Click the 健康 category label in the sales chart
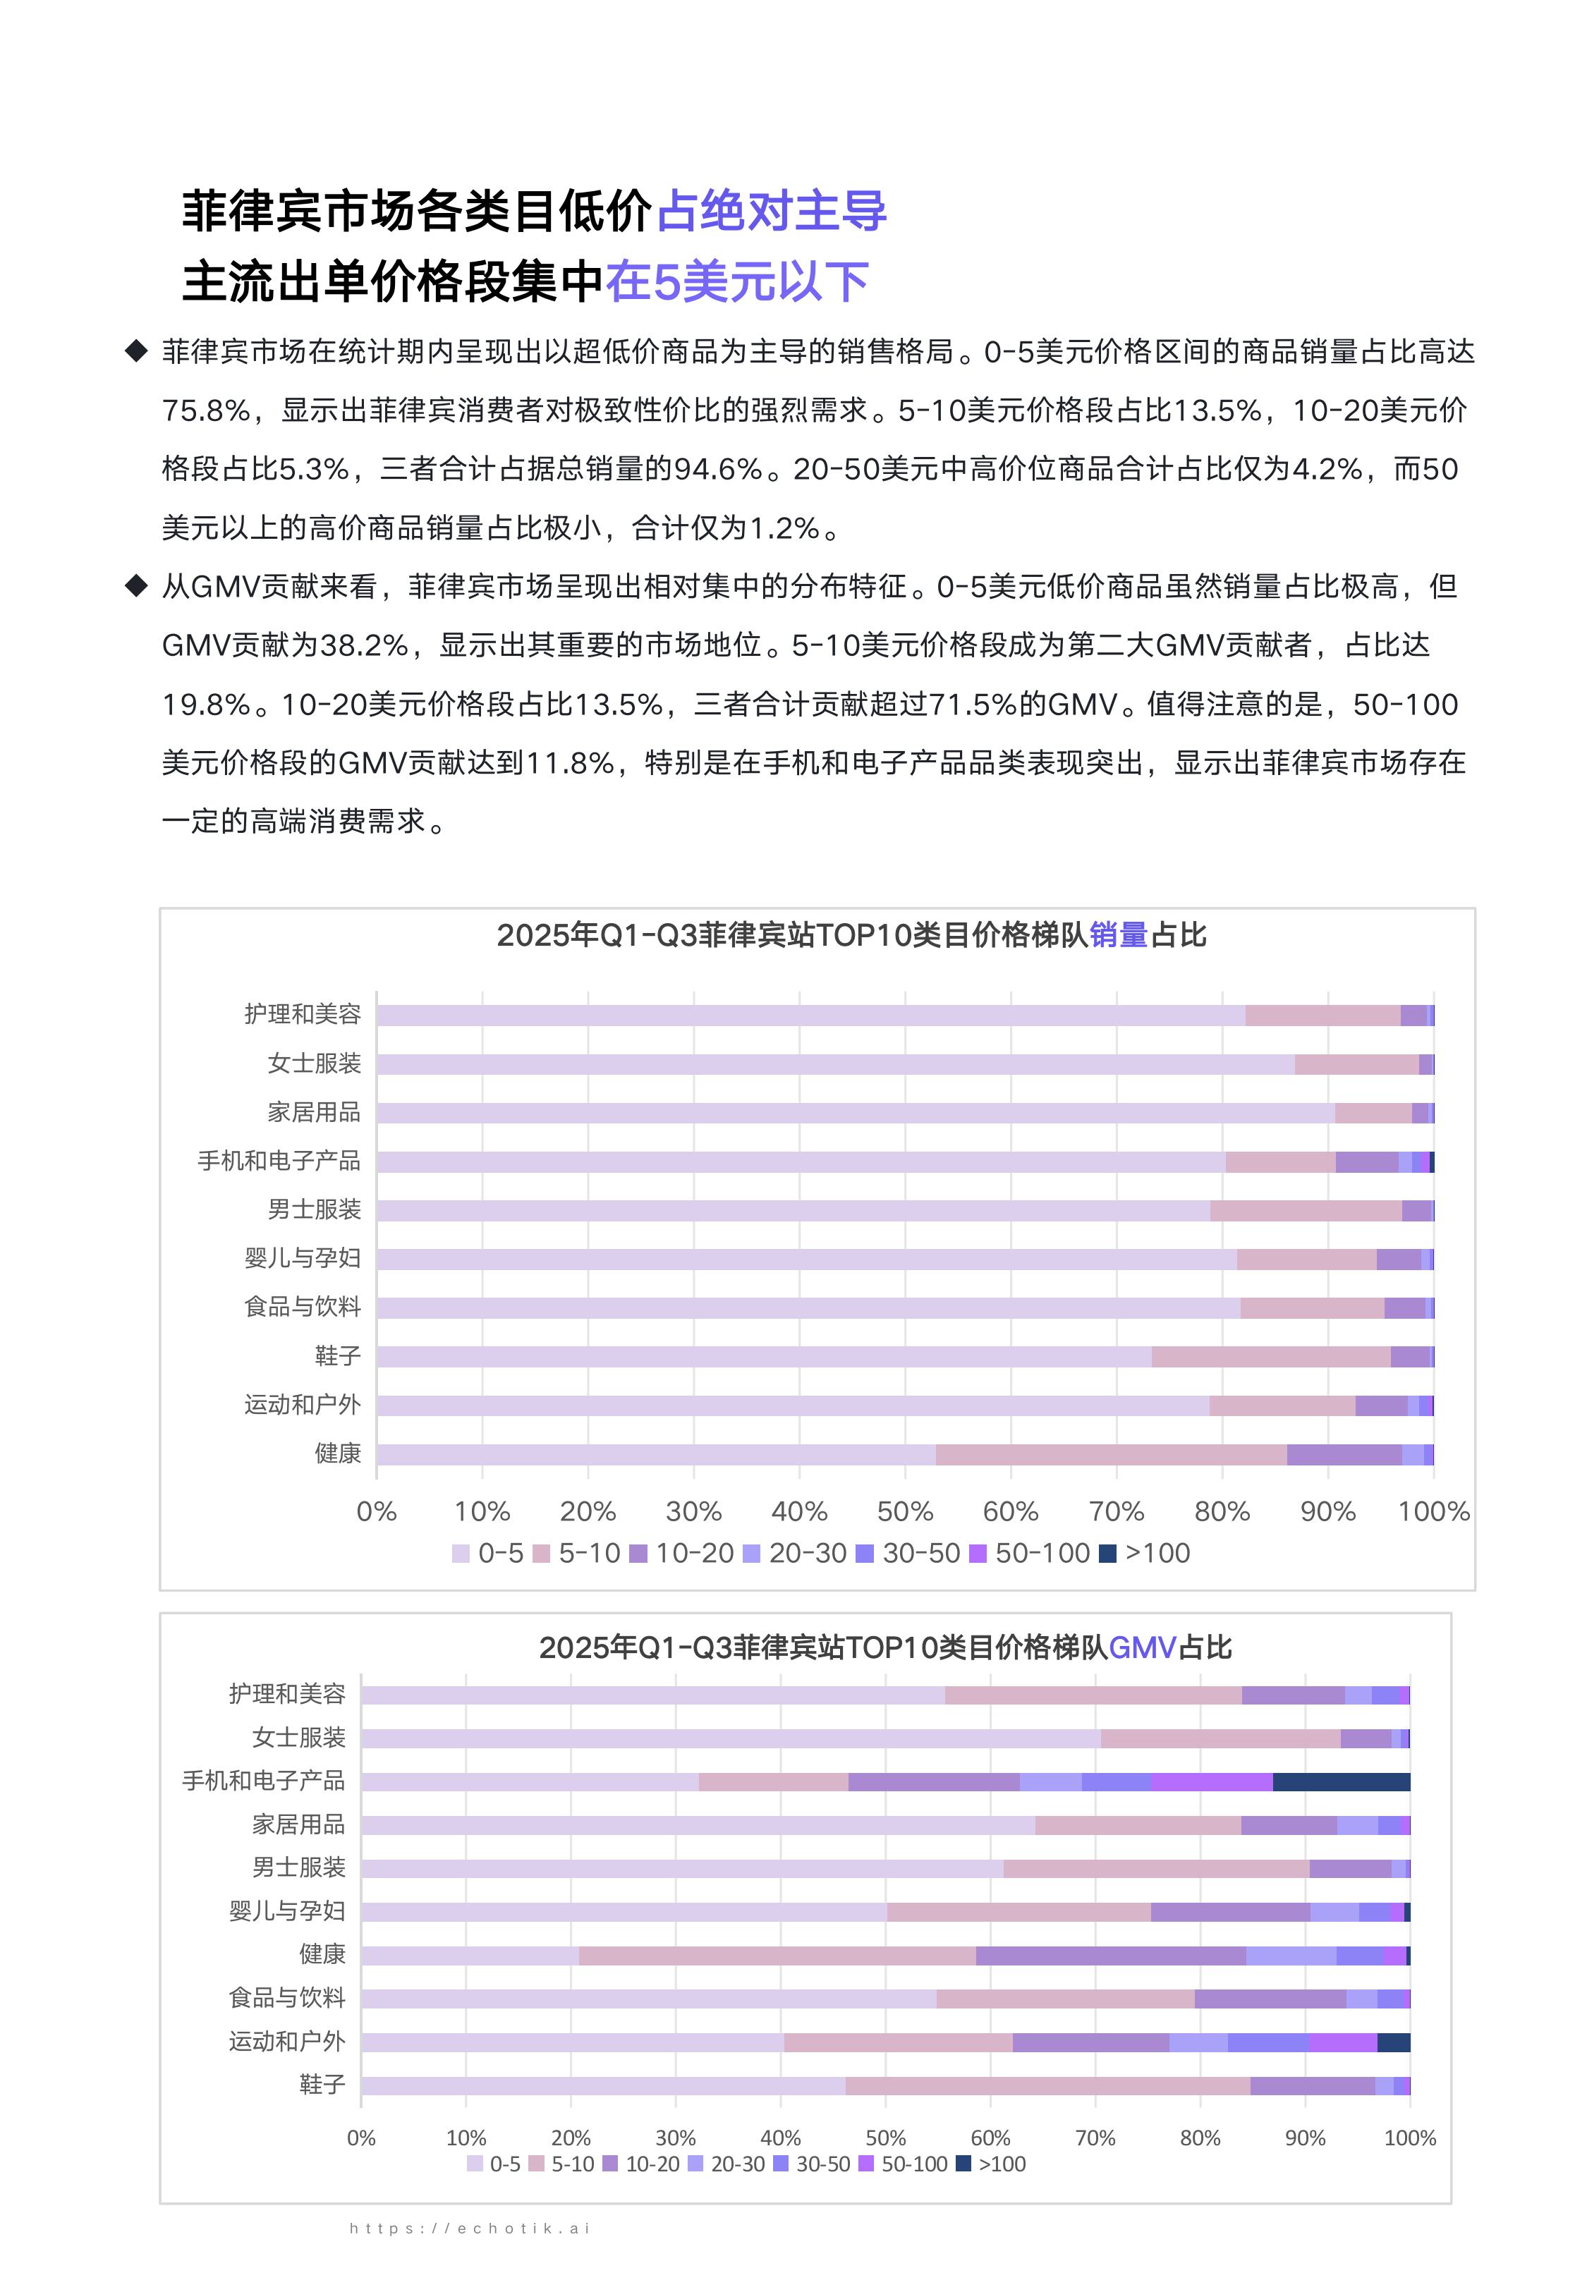tap(337, 1453)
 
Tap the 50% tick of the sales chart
tap(905, 1512)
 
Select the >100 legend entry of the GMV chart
tap(990, 2164)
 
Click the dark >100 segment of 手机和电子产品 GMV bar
tap(1340, 1781)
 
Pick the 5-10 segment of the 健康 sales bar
tap(1111, 1454)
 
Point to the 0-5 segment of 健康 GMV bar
tap(469, 1955)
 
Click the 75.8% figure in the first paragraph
tap(206, 410)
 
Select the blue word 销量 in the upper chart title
tap(1119, 935)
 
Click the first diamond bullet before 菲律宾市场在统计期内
tap(136, 351)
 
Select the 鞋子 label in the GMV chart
tap(322, 2084)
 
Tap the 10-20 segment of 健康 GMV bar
tap(1111, 1955)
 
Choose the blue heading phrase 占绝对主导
tap(772, 212)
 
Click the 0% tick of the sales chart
tap(377, 1512)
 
